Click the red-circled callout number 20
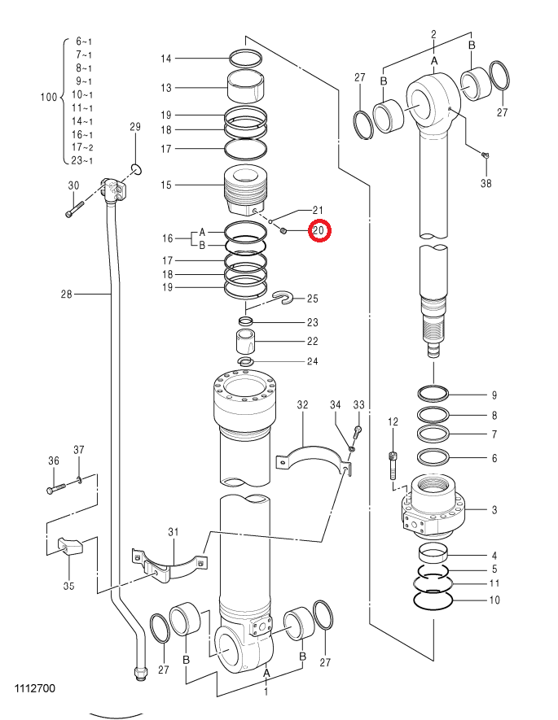(x=319, y=230)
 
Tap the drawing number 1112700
(x=35, y=688)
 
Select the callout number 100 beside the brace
(x=49, y=98)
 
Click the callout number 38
(x=486, y=183)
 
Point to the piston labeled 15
(x=245, y=190)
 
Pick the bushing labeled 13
(x=246, y=86)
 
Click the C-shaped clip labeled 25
(x=282, y=298)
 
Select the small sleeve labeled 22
(x=246, y=341)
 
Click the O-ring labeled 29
(x=136, y=169)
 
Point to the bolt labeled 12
(x=393, y=465)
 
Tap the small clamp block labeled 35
(x=69, y=546)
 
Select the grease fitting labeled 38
(x=485, y=155)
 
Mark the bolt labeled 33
(x=358, y=431)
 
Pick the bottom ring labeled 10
(x=433, y=600)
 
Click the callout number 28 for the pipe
(x=67, y=294)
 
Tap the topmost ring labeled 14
(x=246, y=59)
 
